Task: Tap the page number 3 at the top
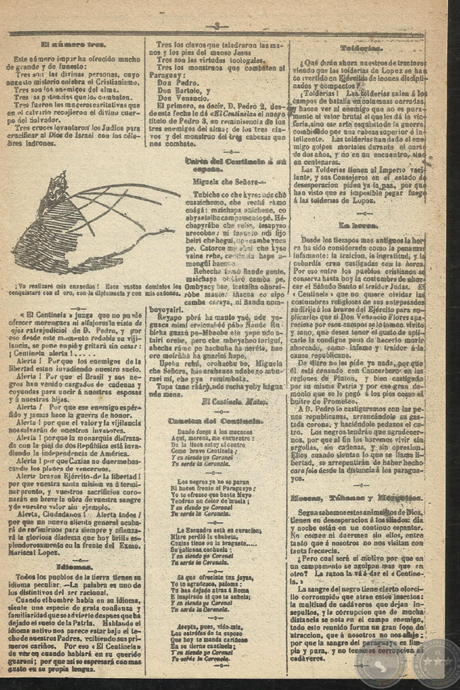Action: pyautogui.click(x=217, y=26)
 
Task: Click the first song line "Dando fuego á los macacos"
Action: pyautogui.click(x=217, y=431)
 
